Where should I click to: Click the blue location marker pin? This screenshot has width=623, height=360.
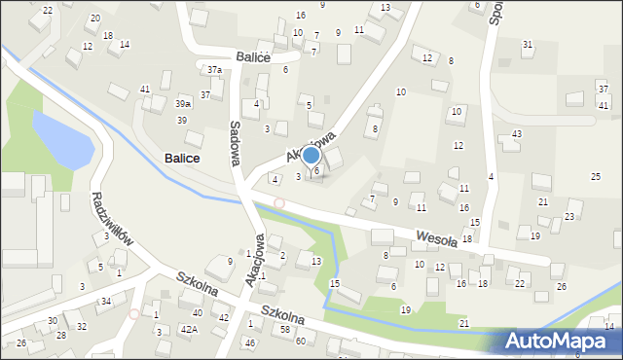[311, 155]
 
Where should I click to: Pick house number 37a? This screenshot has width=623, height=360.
[214, 70]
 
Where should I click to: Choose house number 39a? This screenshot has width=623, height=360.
[182, 103]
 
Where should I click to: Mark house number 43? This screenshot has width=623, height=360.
[517, 133]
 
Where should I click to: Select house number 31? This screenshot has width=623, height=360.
[528, 45]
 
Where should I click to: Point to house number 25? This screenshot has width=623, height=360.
[596, 176]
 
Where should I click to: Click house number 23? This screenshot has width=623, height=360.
[569, 216]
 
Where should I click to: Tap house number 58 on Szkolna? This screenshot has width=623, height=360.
[285, 330]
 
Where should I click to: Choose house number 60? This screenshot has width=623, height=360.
[301, 341]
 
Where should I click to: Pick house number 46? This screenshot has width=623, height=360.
[250, 343]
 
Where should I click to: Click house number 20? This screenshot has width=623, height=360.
[94, 18]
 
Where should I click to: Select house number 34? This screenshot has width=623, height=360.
[105, 302]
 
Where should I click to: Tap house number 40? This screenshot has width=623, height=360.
[198, 312]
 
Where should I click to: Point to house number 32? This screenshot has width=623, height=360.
[82, 326]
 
